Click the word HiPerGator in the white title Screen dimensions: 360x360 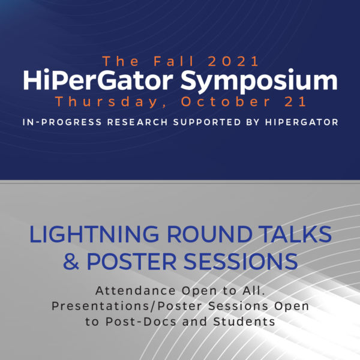coord(98,80)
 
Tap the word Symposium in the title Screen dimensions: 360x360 coord(259,81)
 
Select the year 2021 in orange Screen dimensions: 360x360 coord(233,61)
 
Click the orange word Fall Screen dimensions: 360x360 coord(174,61)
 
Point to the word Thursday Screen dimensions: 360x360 coord(106,102)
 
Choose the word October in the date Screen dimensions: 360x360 coord(226,101)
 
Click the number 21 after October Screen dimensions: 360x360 coord(295,101)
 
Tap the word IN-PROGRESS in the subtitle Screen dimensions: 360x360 coord(62,122)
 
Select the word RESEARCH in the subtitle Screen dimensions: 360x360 coord(137,122)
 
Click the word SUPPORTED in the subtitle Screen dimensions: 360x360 coord(207,122)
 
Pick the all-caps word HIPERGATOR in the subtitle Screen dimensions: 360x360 coord(302,122)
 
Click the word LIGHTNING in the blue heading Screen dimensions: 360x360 coord(94,234)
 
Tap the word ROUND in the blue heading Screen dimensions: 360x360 coord(209,234)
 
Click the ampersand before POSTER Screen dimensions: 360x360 coord(71,262)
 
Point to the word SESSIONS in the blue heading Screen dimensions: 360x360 coord(241,262)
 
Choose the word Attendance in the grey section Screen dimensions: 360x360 coord(136,290)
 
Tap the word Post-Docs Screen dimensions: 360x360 coord(141,322)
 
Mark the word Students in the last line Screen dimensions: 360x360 coord(244,322)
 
